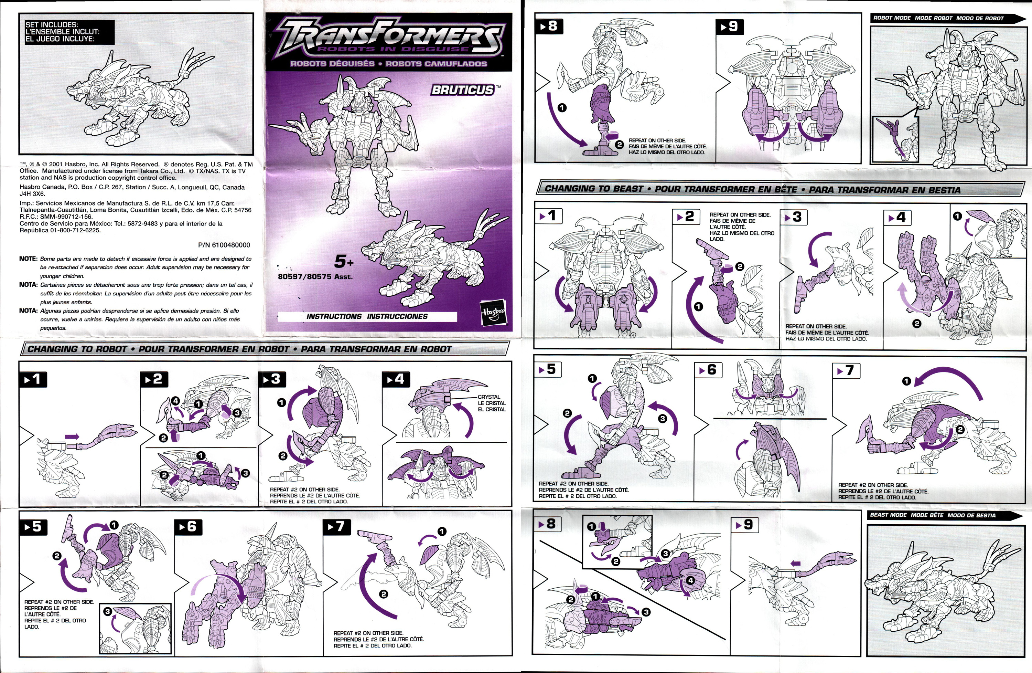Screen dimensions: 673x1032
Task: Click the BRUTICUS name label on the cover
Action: (x=463, y=90)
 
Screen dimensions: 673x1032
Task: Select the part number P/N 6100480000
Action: (x=224, y=245)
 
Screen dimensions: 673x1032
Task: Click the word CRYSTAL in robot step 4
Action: (x=489, y=397)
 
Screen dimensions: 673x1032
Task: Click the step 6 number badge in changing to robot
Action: (x=188, y=527)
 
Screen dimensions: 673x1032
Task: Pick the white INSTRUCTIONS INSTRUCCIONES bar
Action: (x=367, y=316)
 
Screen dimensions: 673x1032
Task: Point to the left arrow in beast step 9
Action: (x=795, y=563)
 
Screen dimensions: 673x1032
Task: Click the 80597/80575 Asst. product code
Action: (x=315, y=276)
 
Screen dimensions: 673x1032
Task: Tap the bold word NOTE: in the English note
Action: (x=28, y=259)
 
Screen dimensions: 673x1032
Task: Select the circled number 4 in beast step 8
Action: (x=690, y=580)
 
